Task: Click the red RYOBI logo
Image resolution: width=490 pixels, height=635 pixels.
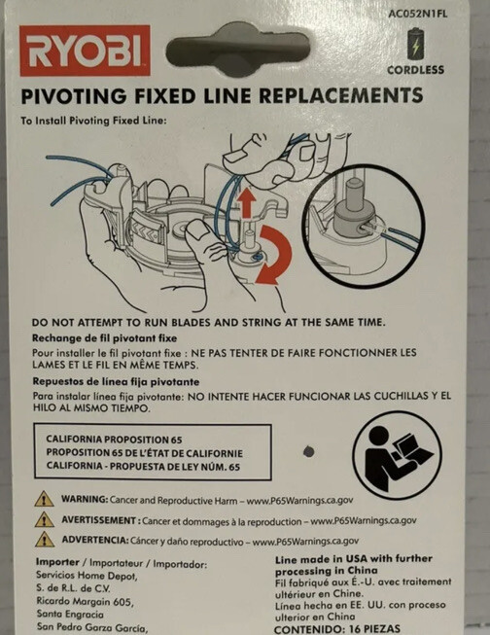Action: click(85, 51)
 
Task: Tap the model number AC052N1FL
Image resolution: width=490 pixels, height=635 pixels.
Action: click(417, 14)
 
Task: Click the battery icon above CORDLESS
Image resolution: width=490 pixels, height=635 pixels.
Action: click(416, 44)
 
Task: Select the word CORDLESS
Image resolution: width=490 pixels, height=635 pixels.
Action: click(415, 70)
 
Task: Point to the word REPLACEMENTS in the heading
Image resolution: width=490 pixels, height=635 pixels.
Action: click(340, 95)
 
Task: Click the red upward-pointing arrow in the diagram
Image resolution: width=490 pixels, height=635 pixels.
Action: click(247, 203)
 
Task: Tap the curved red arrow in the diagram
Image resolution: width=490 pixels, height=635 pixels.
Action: click(274, 255)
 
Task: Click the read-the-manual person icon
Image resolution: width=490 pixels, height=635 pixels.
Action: click(397, 455)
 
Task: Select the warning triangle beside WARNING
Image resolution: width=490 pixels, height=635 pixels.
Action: click(44, 499)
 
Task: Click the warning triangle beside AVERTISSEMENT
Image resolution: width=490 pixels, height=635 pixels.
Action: click(45, 519)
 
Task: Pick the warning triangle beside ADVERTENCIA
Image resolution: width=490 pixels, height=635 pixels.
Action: click(45, 540)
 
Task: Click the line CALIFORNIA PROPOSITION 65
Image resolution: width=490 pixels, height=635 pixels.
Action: click(114, 440)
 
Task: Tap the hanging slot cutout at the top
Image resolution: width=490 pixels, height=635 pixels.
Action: click(238, 49)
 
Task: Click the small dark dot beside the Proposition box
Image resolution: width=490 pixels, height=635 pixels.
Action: click(308, 451)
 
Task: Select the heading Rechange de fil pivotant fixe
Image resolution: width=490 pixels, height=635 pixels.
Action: click(104, 338)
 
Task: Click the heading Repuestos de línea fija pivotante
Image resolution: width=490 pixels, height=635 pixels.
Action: click(116, 382)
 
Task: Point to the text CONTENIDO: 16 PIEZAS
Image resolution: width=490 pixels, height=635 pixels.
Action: click(337, 629)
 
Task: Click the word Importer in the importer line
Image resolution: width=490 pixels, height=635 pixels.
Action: click(57, 562)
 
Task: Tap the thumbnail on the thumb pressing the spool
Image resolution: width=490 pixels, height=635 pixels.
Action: click(198, 230)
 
